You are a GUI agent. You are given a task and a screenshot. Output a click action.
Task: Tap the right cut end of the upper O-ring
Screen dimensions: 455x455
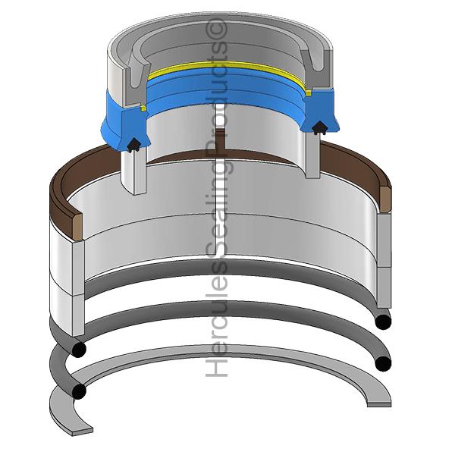(x=384, y=322)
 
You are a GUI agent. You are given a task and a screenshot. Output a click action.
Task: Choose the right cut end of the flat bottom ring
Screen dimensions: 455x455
(x=378, y=401)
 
